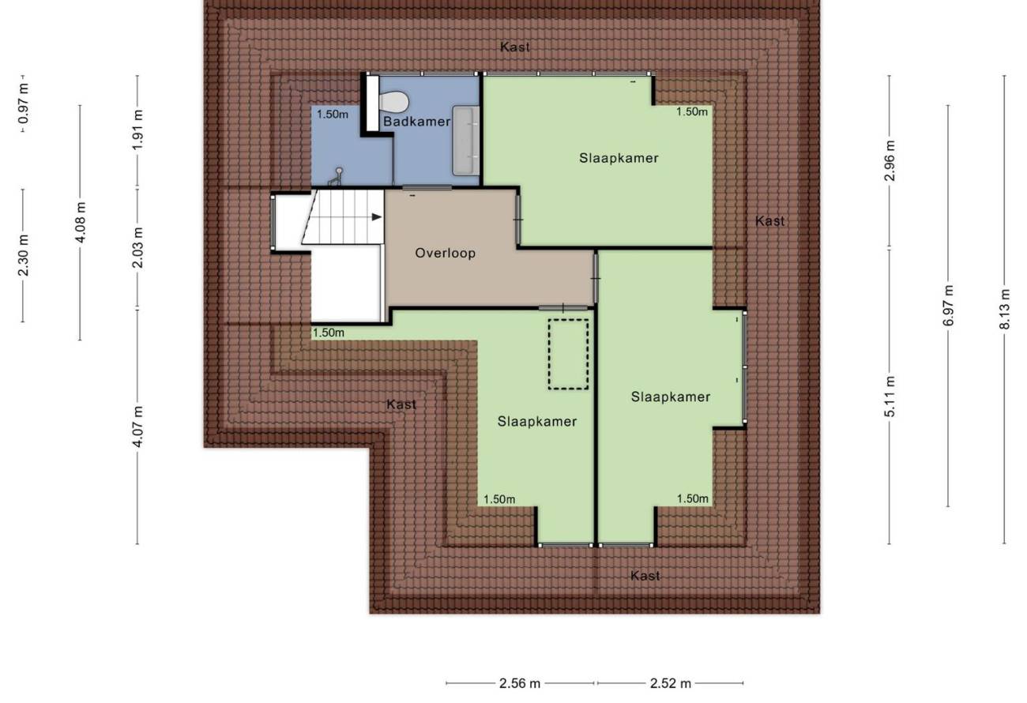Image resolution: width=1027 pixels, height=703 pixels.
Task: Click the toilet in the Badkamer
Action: pyautogui.click(x=394, y=101)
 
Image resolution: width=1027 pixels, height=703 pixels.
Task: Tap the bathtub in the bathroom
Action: pyautogui.click(x=466, y=141)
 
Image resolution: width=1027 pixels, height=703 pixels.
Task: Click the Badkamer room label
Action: pyautogui.click(x=416, y=122)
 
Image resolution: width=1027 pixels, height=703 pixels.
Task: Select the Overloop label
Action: pyautogui.click(x=446, y=253)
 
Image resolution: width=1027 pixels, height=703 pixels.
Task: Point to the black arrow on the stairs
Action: pyautogui.click(x=376, y=217)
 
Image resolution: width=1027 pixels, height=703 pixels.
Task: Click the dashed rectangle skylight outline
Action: pyautogui.click(x=568, y=355)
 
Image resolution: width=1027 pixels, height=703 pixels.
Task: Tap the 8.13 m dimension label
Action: pyautogui.click(x=1005, y=309)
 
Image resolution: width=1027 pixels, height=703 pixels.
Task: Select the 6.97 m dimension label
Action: pyautogui.click(x=948, y=306)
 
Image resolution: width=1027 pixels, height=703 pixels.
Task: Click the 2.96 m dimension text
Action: pyautogui.click(x=890, y=161)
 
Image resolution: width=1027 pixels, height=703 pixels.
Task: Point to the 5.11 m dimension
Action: pyautogui.click(x=890, y=397)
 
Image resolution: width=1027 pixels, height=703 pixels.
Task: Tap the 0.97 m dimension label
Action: pyautogui.click(x=24, y=104)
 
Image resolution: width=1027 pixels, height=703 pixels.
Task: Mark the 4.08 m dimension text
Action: pyautogui.click(x=81, y=223)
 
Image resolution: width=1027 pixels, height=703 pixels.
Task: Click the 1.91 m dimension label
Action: pyautogui.click(x=137, y=130)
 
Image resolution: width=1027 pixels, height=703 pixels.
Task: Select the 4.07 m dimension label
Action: pyautogui.click(x=137, y=427)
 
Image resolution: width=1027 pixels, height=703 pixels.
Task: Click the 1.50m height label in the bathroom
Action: pyautogui.click(x=333, y=114)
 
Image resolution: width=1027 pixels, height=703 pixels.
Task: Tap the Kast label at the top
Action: pyautogui.click(x=515, y=47)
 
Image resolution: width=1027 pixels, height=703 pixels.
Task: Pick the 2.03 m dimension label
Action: pyautogui.click(x=137, y=248)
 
